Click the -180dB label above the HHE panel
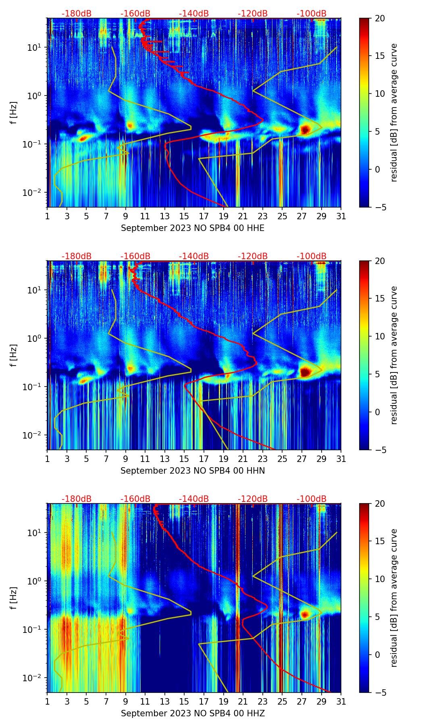pyautogui.click(x=77, y=14)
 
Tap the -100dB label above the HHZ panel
pyautogui.click(x=312, y=499)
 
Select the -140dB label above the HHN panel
pyautogui.click(x=194, y=256)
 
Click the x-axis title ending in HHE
pyautogui.click(x=193, y=228)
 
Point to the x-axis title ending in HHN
pyautogui.click(x=193, y=471)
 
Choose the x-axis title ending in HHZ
pyautogui.click(x=193, y=713)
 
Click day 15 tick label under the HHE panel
pyautogui.click(x=184, y=216)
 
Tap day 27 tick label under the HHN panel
pyautogui.click(x=302, y=459)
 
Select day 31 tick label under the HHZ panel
pyautogui.click(x=341, y=702)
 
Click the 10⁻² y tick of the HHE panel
pyautogui.click(x=33, y=193)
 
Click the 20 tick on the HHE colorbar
pyautogui.click(x=380, y=19)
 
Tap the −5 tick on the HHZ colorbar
pyautogui.click(x=380, y=693)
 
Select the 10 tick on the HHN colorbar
pyautogui.click(x=380, y=336)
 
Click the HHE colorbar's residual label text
pyautogui.click(x=394, y=113)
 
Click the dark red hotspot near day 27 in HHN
pyautogui.click(x=305, y=372)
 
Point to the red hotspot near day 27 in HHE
pyautogui.click(x=305, y=129)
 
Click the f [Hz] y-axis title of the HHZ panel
pyautogui.click(x=14, y=598)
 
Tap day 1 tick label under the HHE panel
pyautogui.click(x=48, y=216)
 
